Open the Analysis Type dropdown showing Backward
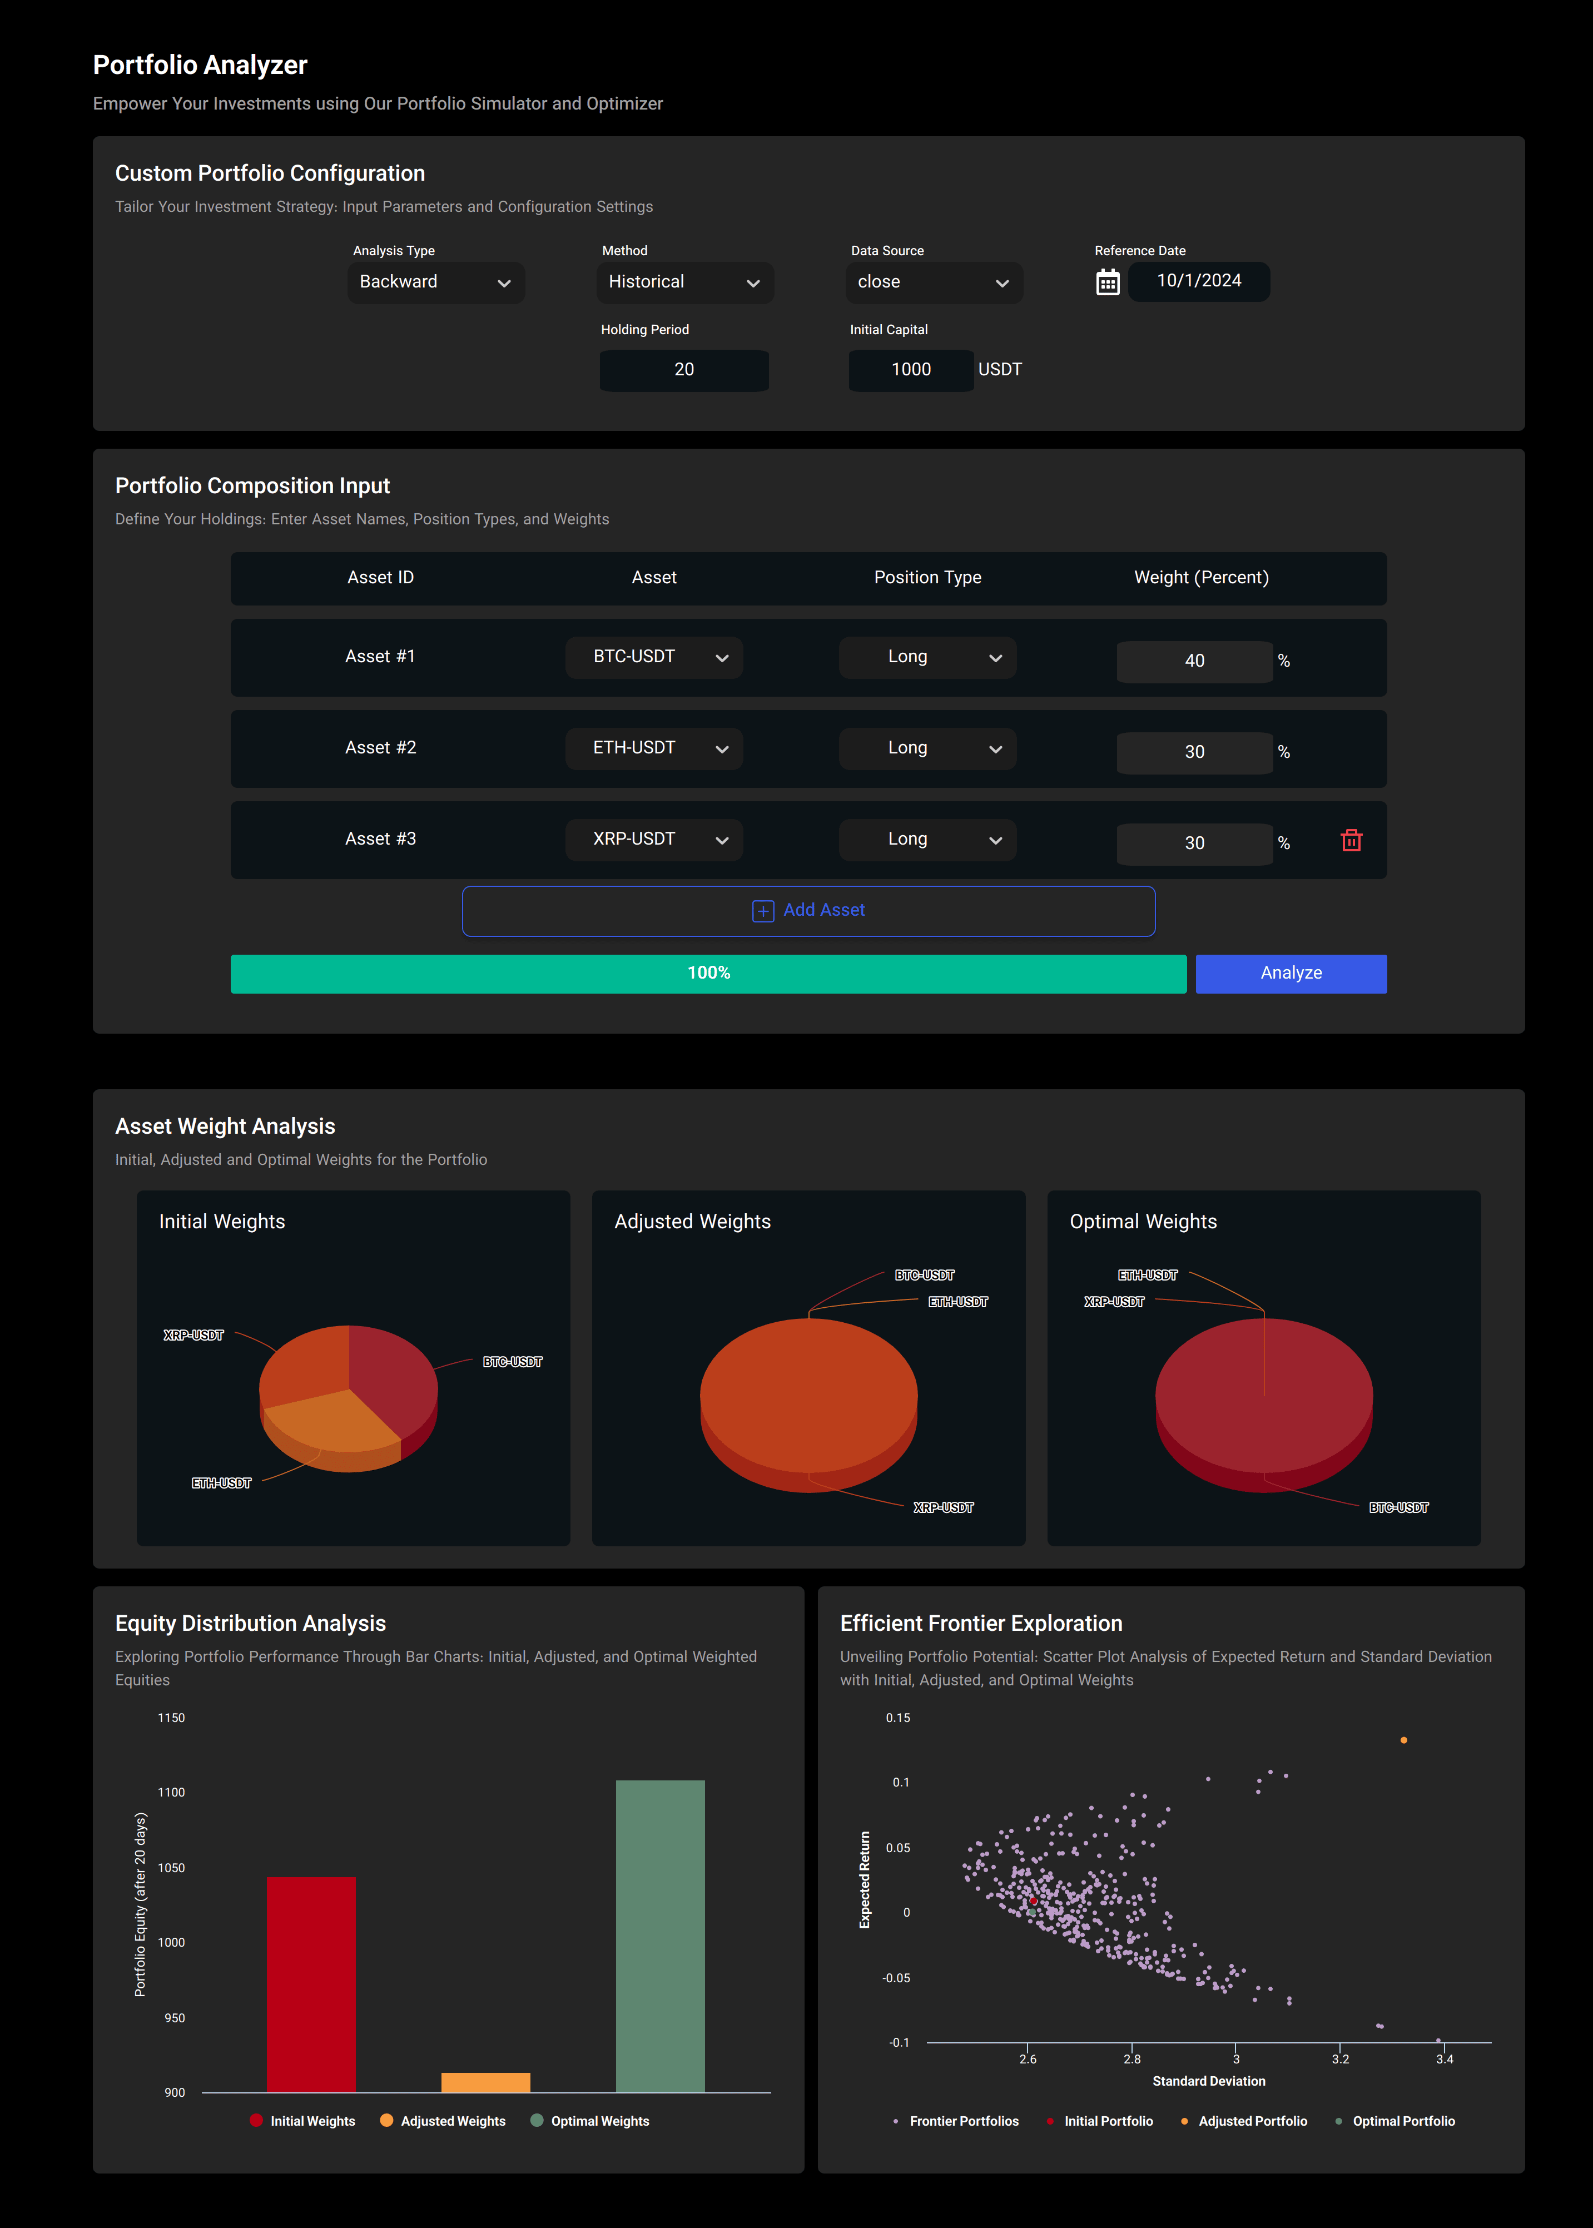pyautogui.click(x=435, y=282)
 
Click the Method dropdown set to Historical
pyautogui.click(x=684, y=282)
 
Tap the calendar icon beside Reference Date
pyautogui.click(x=1108, y=282)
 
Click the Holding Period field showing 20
pyautogui.click(x=684, y=370)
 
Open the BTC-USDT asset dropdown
pyautogui.click(x=653, y=657)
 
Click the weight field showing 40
pyautogui.click(x=1194, y=661)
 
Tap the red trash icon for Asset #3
pyautogui.click(x=1351, y=840)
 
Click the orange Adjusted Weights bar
pyautogui.click(x=485, y=2082)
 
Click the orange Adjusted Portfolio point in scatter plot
pyautogui.click(x=1404, y=1740)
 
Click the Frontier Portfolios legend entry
pyautogui.click(x=963, y=2121)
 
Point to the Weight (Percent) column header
pyautogui.click(x=1200, y=578)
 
